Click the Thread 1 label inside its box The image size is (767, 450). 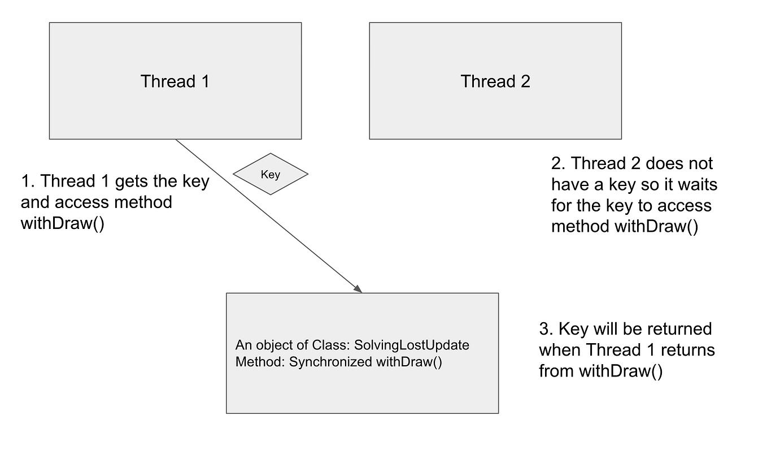[x=175, y=81]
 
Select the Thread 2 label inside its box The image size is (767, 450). [x=495, y=81]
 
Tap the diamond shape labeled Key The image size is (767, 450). [x=271, y=174]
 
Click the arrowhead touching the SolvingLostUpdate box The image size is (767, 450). [x=357, y=288]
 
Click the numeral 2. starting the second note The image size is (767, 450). [x=558, y=163]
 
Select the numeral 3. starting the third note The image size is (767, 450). [x=546, y=328]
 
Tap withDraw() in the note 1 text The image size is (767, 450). [x=62, y=223]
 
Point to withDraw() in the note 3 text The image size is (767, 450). [x=620, y=371]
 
